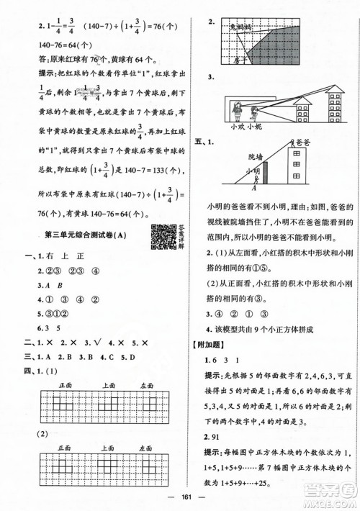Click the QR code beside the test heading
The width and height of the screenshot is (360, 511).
click(160, 235)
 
